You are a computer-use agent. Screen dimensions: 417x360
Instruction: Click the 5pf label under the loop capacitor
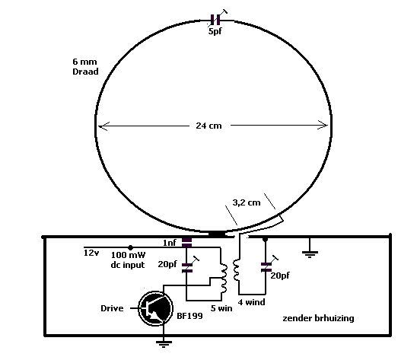click(215, 31)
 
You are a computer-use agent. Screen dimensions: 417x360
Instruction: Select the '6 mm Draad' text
click(85, 66)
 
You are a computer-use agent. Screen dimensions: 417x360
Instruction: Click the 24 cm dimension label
click(208, 126)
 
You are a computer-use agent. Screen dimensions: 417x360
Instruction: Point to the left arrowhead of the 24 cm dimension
click(103, 126)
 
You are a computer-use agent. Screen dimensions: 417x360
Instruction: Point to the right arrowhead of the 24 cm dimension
click(323, 126)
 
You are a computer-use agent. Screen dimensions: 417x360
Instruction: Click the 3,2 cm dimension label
click(247, 202)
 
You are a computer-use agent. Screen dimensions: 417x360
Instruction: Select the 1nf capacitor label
click(170, 243)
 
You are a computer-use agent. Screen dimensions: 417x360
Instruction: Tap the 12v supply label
click(91, 253)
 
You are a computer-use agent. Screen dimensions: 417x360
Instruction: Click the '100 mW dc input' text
click(128, 260)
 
